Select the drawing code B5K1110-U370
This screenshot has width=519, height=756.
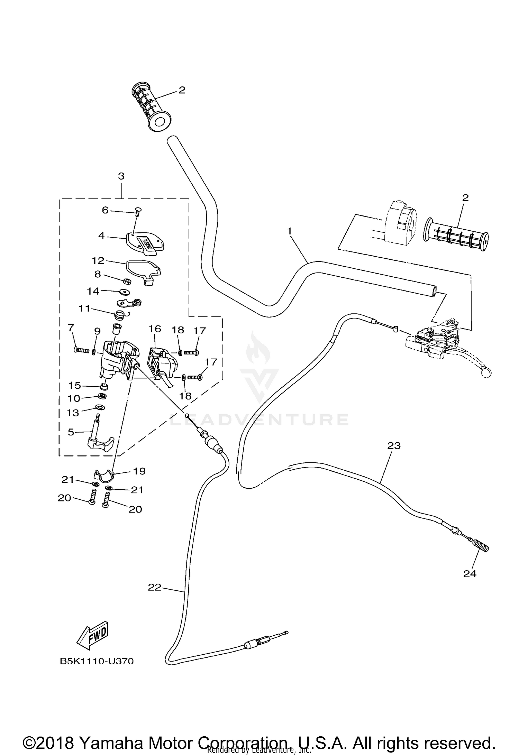coord(97,661)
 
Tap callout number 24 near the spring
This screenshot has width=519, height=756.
coord(470,574)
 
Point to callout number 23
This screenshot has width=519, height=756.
coord(394,446)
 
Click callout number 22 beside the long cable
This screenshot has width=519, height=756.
coord(154,587)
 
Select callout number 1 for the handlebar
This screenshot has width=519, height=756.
coord(290,230)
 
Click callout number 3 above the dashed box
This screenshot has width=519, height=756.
coord(121,176)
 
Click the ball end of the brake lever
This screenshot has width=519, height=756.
coord(485,373)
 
